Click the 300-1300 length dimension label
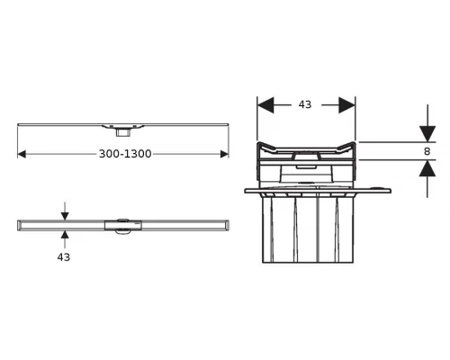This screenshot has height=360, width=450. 125,154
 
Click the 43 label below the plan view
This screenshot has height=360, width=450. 64,257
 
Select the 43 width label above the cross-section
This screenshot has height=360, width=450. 305,104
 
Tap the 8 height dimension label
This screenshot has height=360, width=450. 427,151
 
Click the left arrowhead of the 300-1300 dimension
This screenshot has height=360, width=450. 22,154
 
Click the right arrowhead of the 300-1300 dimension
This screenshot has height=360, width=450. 224,154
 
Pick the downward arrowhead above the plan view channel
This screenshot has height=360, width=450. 65,216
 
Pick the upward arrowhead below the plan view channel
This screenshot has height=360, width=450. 65,235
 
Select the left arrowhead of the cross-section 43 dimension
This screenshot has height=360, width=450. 265,105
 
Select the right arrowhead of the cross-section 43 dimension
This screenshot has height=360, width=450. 346,105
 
